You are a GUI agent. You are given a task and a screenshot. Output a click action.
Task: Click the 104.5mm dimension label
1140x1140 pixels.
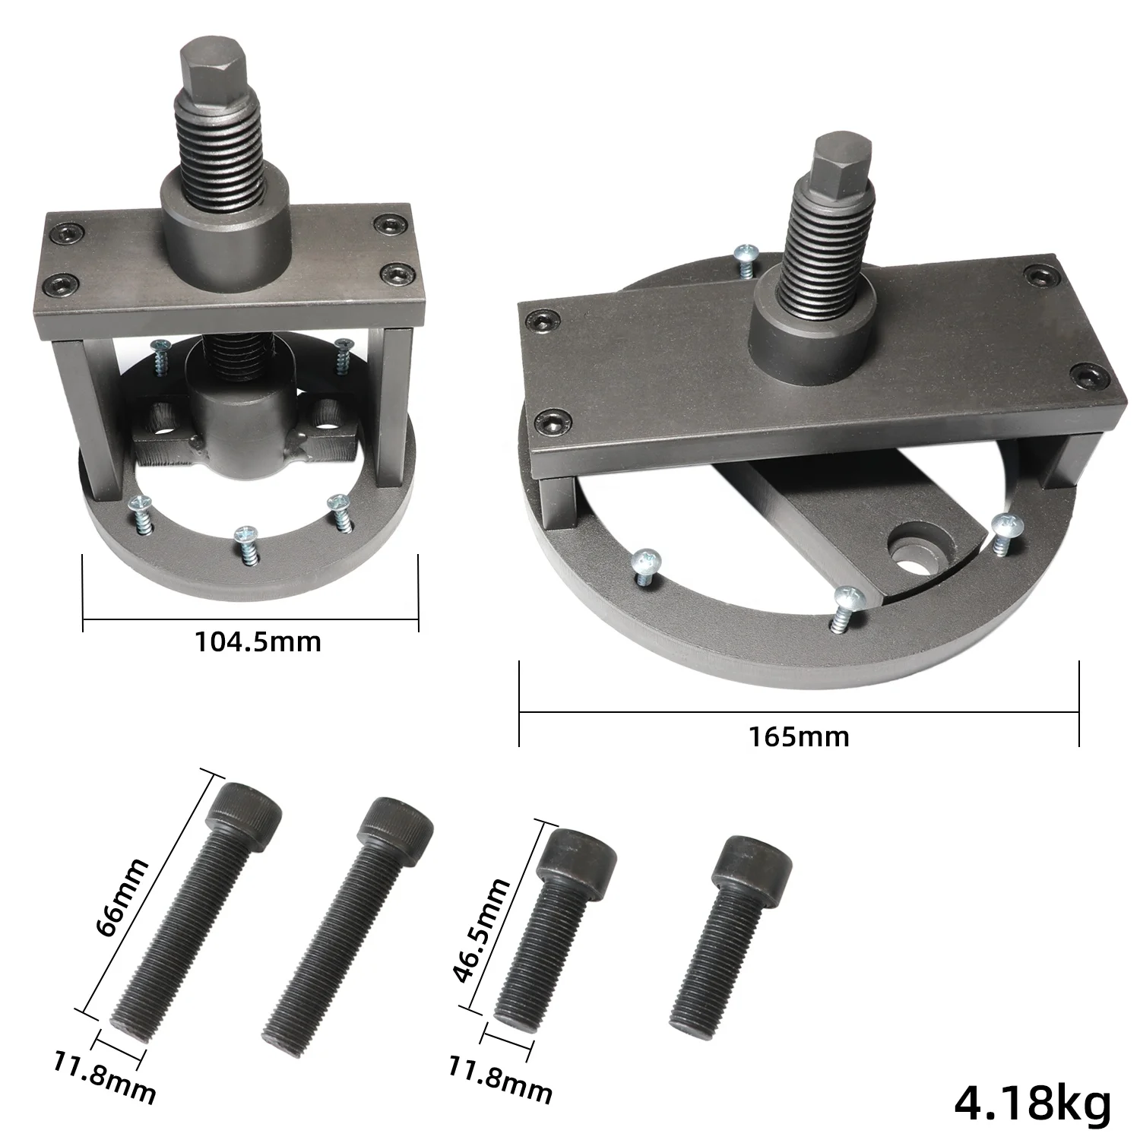(x=258, y=642)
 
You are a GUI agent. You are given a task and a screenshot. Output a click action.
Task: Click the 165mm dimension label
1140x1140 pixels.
(x=799, y=736)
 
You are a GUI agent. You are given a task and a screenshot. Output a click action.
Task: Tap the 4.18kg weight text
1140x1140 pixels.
(x=1032, y=1103)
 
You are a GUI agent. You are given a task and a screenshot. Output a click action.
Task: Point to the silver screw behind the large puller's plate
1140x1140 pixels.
(x=746, y=256)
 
